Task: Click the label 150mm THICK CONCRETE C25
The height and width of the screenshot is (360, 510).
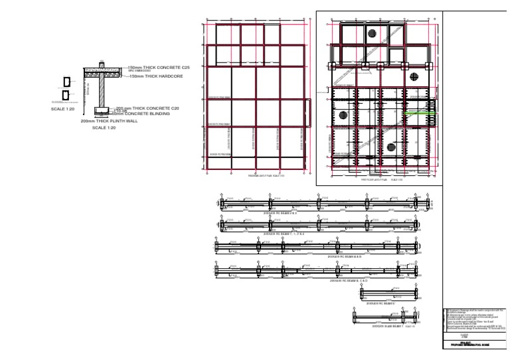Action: (159, 67)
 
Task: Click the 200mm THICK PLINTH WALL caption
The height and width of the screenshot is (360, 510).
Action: (109, 121)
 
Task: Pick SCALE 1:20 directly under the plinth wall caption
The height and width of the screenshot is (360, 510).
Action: (104, 128)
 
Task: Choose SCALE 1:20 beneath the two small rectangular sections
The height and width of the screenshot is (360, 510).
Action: (62, 108)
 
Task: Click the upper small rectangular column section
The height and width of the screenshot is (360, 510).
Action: (66, 82)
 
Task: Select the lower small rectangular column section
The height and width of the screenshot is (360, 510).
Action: (66, 96)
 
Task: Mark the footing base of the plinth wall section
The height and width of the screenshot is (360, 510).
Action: (102, 111)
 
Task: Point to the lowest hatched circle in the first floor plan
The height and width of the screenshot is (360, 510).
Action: (390, 147)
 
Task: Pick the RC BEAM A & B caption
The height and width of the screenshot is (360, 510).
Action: (342, 256)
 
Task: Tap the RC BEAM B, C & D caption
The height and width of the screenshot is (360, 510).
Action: (349, 281)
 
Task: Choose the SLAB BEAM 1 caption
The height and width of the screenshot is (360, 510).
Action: (387, 325)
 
